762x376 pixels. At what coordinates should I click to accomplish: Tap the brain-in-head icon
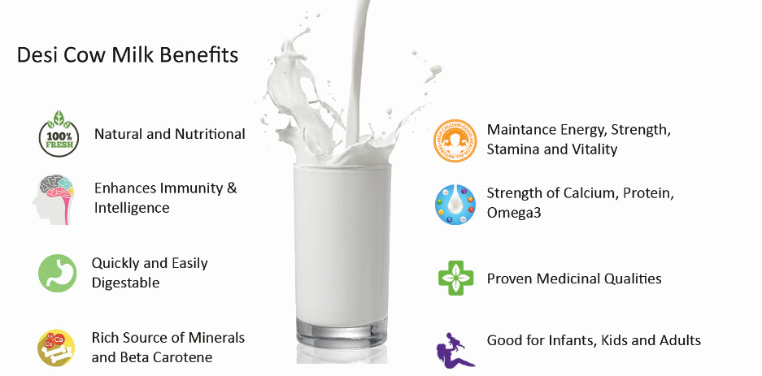(54, 200)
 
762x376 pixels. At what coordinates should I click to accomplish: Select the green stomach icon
(58, 273)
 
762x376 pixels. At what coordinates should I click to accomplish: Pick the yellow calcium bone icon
(56, 348)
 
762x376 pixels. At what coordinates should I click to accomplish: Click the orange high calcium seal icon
(455, 140)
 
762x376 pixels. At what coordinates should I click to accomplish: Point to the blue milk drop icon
(455, 205)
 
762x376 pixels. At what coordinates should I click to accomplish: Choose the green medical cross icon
(456, 278)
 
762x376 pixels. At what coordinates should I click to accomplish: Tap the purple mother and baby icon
(455, 350)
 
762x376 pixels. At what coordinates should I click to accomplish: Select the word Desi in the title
(34, 55)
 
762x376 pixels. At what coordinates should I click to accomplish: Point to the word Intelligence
(132, 208)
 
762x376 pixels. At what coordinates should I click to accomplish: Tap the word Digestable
(125, 283)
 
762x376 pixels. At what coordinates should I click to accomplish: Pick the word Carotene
(182, 358)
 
